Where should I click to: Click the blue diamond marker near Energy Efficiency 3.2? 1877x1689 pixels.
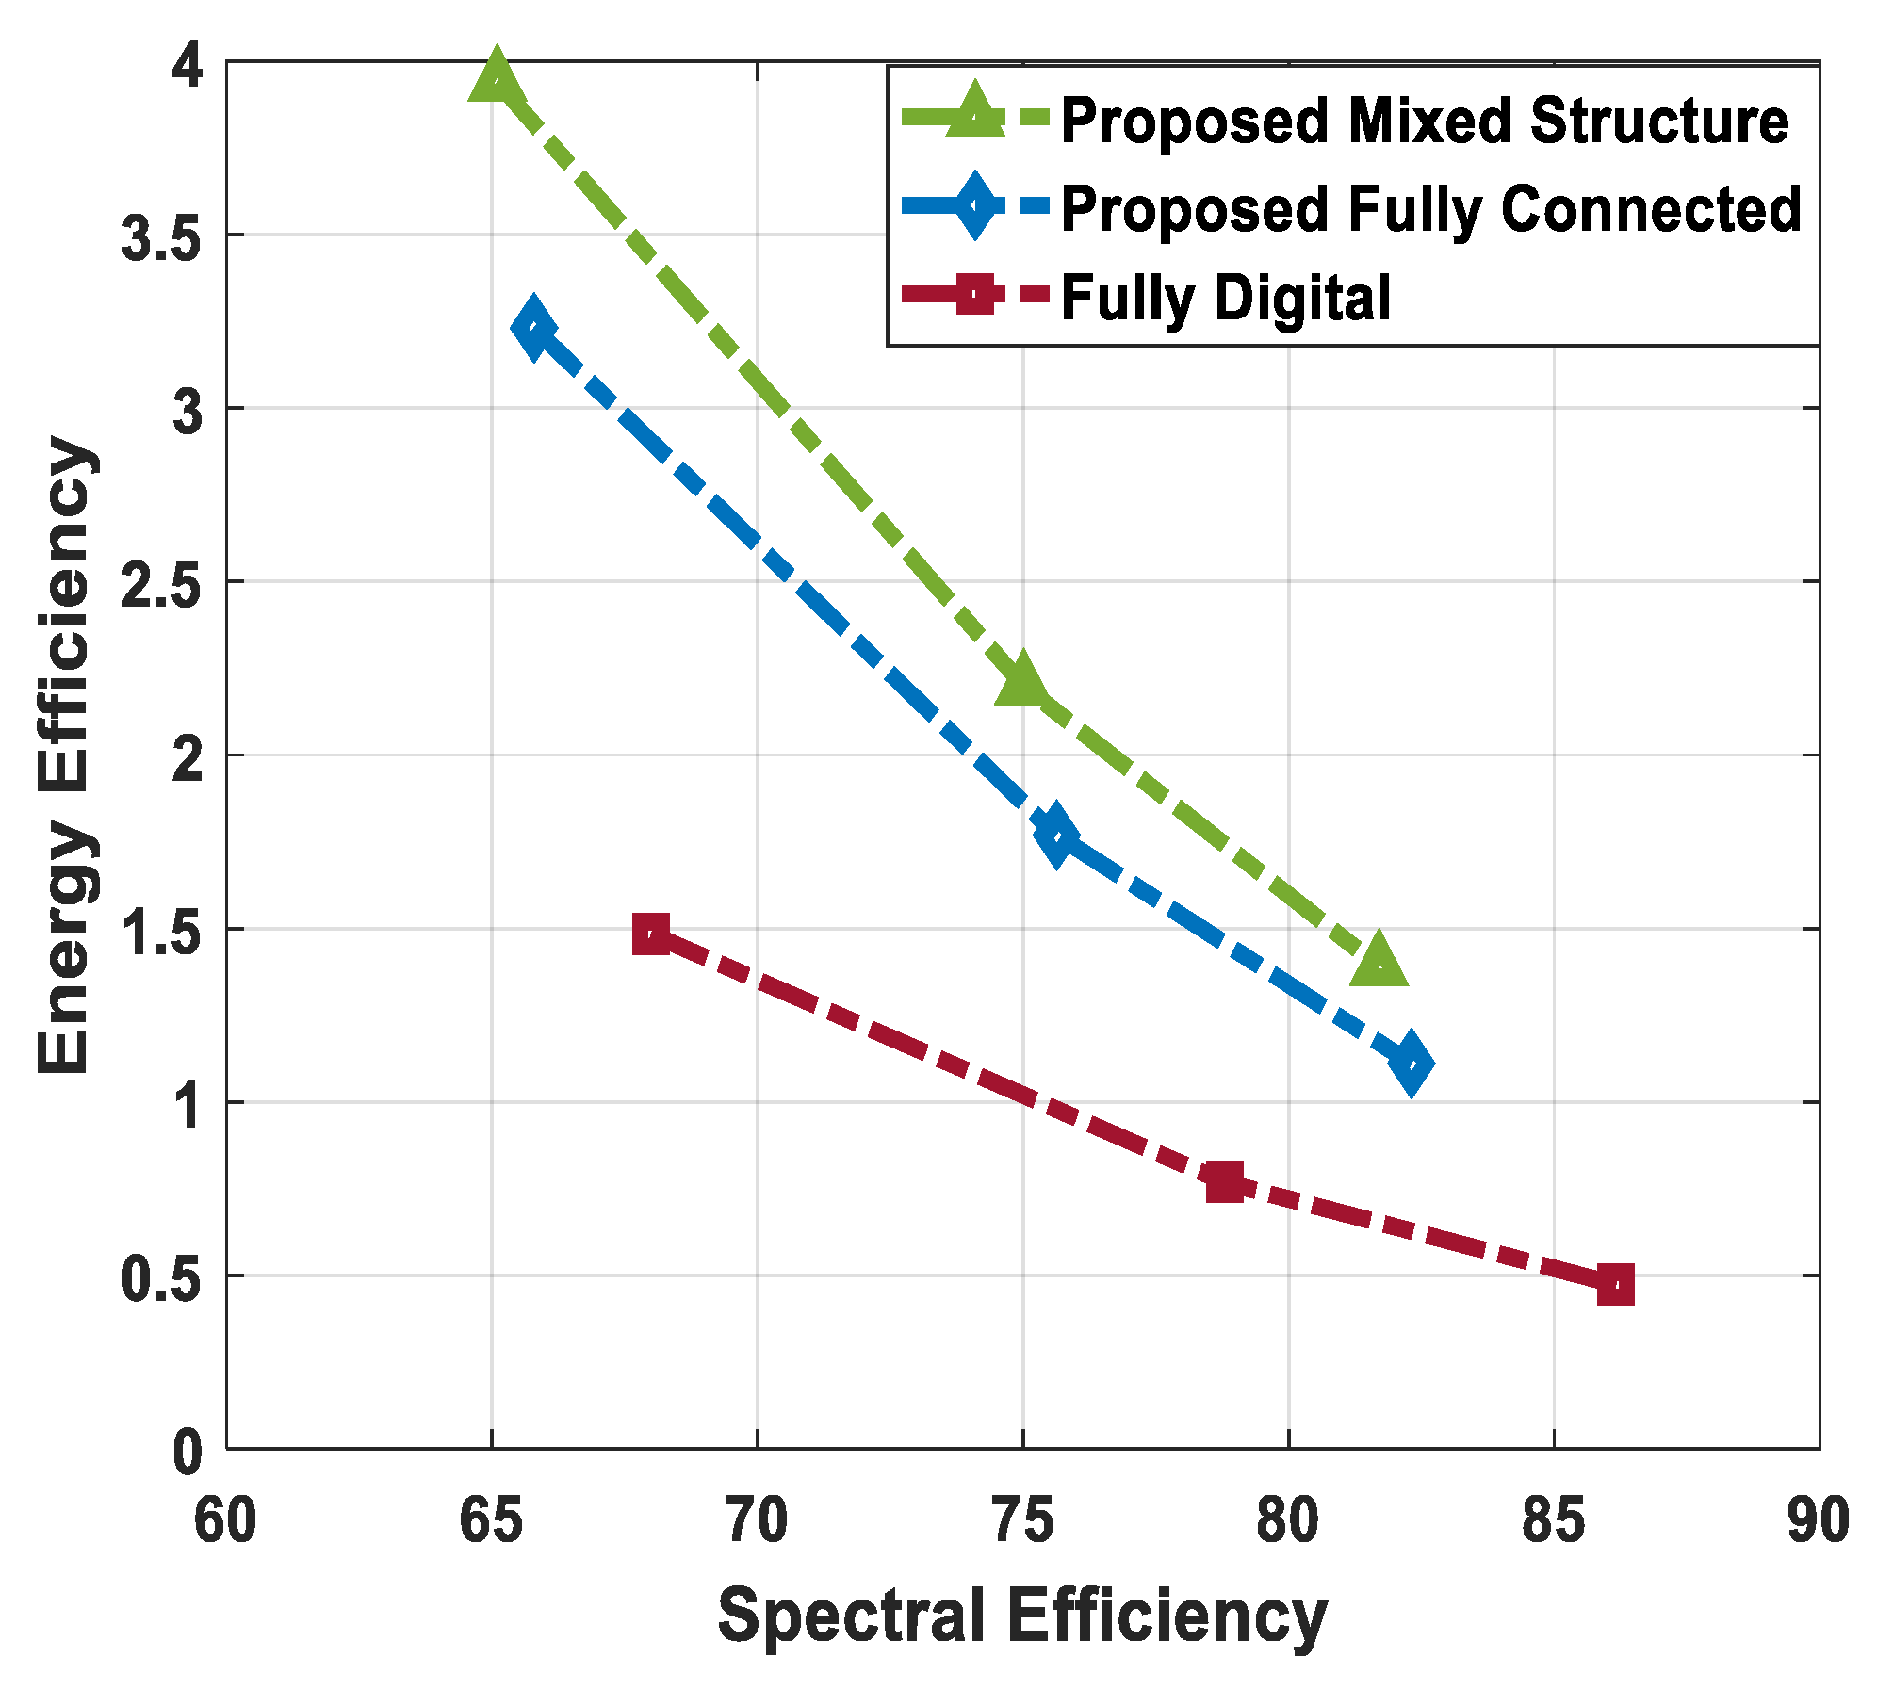coord(533,327)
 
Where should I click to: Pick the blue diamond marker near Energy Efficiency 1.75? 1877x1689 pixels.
coord(1055,834)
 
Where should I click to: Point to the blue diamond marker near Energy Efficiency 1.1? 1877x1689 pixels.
coord(1411,1064)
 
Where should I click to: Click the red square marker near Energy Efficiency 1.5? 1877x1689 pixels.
coord(651,934)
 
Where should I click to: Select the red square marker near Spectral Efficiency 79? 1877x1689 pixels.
coord(1225,1180)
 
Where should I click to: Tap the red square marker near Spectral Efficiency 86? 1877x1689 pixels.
coord(1615,1284)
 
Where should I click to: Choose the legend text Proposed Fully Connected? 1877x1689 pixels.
coord(1430,208)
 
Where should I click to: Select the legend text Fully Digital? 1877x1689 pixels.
coord(1225,298)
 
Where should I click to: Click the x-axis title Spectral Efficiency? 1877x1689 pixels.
coord(1021,1616)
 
